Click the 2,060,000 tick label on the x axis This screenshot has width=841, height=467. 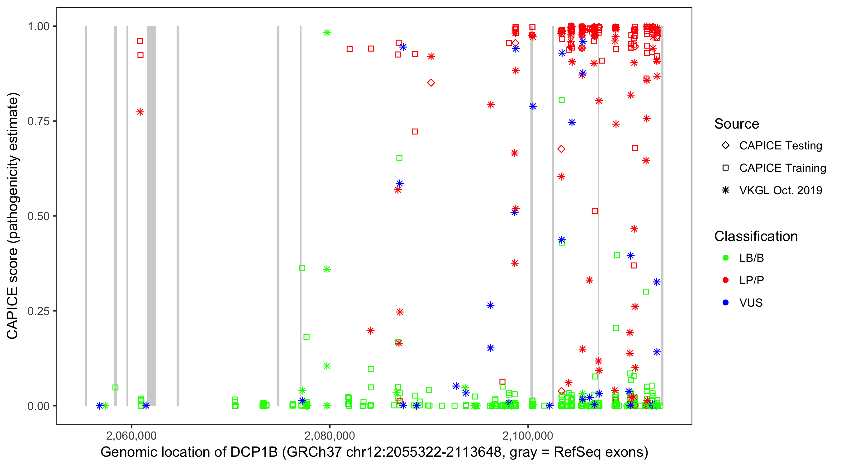pyautogui.click(x=131, y=436)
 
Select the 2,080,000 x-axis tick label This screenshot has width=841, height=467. pyautogui.click(x=330, y=436)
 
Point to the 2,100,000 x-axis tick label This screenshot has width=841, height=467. pyautogui.click(x=528, y=436)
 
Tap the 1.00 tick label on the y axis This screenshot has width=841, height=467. pyautogui.click(x=38, y=26)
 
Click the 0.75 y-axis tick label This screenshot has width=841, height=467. pyautogui.click(x=38, y=121)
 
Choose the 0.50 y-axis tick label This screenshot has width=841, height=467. pyautogui.click(x=38, y=216)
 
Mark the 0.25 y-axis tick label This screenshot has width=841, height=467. pyautogui.click(x=38, y=311)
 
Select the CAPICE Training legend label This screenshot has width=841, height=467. pyautogui.click(x=782, y=168)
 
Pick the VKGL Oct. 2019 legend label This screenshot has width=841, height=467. pyautogui.click(x=780, y=191)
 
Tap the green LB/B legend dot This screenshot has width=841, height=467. pyautogui.click(x=725, y=258)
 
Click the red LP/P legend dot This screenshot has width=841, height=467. pyautogui.click(x=725, y=280)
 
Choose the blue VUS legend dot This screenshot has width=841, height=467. pyautogui.click(x=725, y=303)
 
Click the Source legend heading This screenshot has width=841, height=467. pyautogui.click(x=736, y=124)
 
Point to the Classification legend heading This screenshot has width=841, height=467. pyautogui.click(x=755, y=236)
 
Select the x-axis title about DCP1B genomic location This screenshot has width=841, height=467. pyautogui.click(x=374, y=452)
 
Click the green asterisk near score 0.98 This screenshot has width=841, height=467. pyautogui.click(x=327, y=33)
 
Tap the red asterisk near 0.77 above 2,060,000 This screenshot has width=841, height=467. pyautogui.click(x=140, y=112)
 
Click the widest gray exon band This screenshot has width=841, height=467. pyautogui.click(x=151, y=216)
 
